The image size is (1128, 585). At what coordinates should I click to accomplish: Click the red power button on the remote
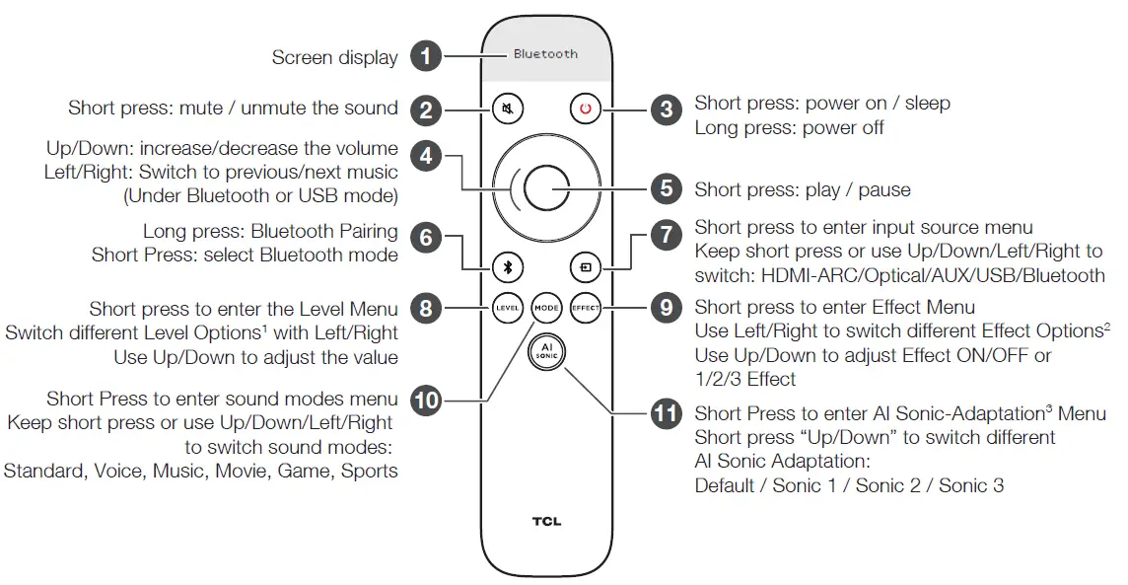point(585,110)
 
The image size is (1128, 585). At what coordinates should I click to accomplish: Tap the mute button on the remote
point(508,110)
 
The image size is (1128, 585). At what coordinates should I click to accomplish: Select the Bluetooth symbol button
point(508,266)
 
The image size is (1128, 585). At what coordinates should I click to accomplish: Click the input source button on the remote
point(585,266)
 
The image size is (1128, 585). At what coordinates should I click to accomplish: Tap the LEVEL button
point(507,308)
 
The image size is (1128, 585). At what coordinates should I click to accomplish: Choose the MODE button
point(546,308)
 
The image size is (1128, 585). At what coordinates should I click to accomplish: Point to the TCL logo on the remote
point(546,521)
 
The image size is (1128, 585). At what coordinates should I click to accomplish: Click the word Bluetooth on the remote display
point(545,54)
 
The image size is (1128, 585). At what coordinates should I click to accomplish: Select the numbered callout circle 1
point(426,56)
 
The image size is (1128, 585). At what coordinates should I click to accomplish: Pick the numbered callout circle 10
point(426,401)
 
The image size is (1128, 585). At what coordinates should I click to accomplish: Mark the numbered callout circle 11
point(667,412)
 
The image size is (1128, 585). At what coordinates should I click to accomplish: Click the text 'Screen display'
point(334,58)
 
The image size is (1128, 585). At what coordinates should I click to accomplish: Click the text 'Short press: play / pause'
point(803,189)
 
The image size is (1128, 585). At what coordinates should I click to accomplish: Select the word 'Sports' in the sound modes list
point(370,471)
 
